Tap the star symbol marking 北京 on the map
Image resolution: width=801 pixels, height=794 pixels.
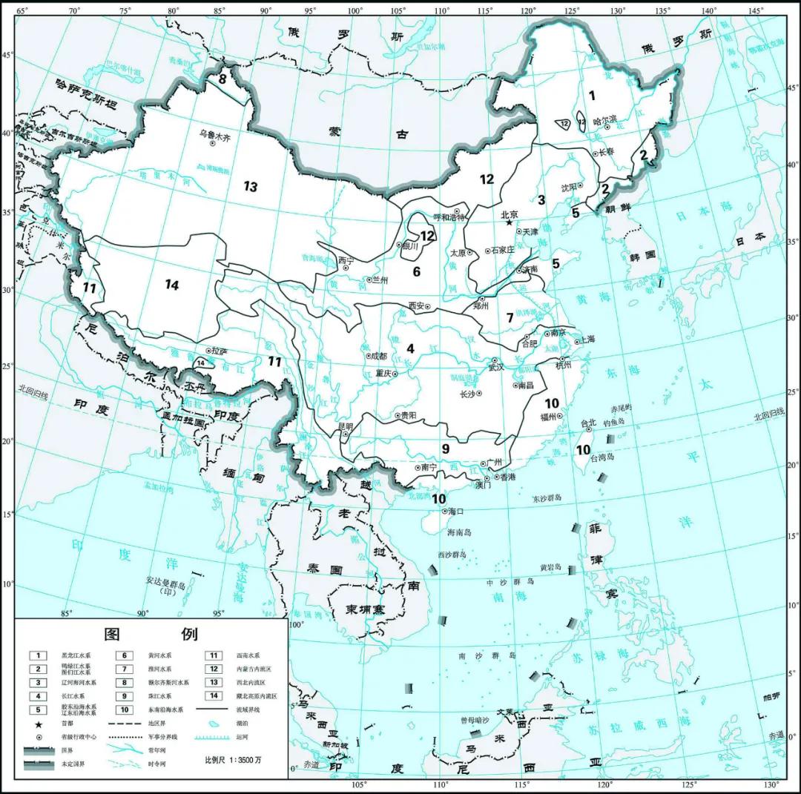tap(510, 222)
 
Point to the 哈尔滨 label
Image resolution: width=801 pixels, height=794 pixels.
tap(605, 119)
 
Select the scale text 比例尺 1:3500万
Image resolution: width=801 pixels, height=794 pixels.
tap(233, 761)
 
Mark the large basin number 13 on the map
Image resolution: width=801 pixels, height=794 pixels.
tap(251, 187)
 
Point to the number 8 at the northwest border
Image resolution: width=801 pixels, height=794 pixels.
tap(222, 78)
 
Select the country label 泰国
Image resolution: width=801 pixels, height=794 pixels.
tap(325, 569)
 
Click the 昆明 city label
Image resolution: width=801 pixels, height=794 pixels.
tap(345, 426)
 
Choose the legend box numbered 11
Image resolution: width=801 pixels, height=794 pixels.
tap(214, 655)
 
